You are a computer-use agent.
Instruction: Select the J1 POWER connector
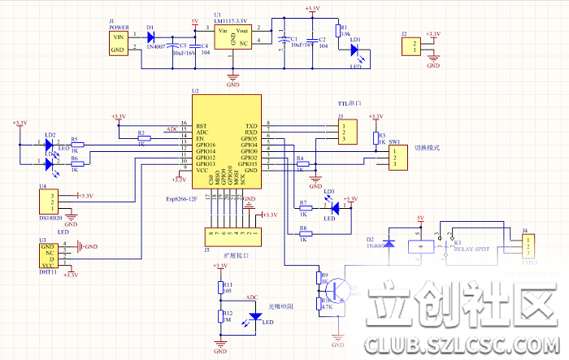pos(119,43)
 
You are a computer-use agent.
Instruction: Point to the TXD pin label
pos(251,127)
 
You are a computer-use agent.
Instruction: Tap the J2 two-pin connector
pos(411,47)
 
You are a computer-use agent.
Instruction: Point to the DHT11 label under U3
pos(48,273)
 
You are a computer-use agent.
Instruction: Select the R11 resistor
pos(219,287)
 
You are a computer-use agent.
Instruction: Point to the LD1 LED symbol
pos(355,49)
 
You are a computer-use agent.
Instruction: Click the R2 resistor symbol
pos(143,139)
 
